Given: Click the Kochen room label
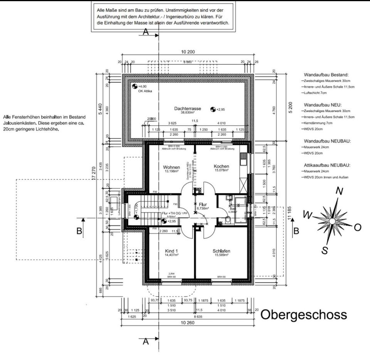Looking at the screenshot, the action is (x=222, y=166).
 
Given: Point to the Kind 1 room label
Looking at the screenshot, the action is (x=171, y=251).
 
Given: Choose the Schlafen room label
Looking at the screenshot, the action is (x=222, y=251).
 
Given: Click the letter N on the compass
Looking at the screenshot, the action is (x=339, y=191).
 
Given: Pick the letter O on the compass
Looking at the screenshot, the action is (x=357, y=227).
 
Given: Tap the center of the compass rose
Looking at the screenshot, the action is (x=332, y=221).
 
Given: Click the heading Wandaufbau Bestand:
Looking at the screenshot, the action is (x=326, y=74).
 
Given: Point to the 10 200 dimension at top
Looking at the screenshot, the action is (x=187, y=52).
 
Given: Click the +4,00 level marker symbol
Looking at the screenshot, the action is (x=135, y=86).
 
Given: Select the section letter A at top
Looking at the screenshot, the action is (x=145, y=32).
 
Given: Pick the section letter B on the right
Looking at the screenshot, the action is (x=296, y=231).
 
